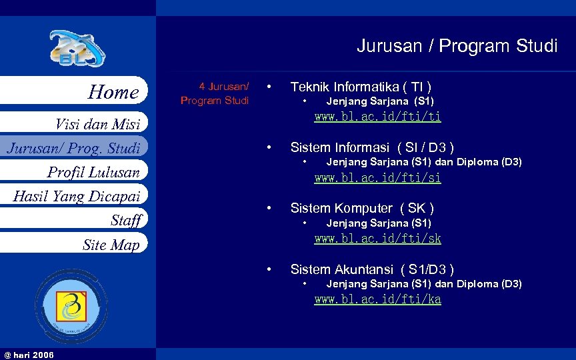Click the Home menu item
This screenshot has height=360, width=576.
(113, 92)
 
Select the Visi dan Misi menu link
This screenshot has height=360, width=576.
(97, 123)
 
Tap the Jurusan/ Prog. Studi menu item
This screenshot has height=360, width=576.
(73, 147)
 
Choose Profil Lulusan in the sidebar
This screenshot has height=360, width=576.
(93, 172)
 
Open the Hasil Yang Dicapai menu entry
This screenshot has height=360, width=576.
(77, 196)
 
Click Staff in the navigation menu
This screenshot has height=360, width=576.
(126, 220)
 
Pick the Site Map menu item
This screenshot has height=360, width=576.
(111, 245)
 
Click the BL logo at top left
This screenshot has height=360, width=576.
(77, 49)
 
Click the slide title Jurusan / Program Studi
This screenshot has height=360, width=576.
(457, 46)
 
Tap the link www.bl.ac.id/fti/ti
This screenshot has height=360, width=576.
(377, 117)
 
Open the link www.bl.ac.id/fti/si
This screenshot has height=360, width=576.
(377, 178)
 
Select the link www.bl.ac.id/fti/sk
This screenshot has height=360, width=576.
(377, 239)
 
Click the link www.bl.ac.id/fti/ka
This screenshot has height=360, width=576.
(377, 299)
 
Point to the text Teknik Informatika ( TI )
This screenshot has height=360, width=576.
(361, 87)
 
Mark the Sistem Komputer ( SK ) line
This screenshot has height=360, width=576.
(362, 208)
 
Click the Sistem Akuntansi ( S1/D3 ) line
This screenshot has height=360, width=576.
(372, 269)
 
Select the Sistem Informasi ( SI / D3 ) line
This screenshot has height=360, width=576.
(372, 147)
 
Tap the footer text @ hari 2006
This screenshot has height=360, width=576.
(29, 354)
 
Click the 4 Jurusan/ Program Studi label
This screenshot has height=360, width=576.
(215, 93)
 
